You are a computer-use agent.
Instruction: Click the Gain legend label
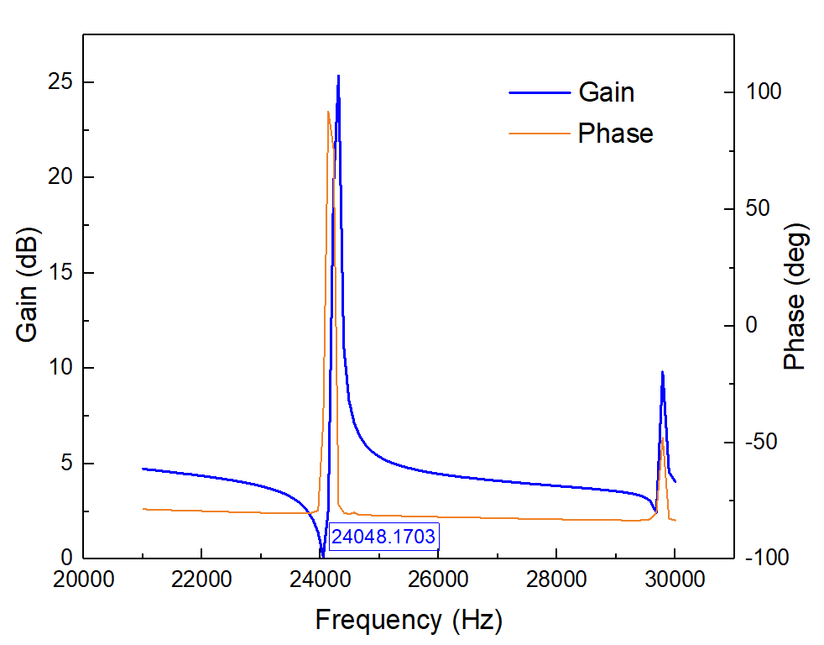click(x=606, y=92)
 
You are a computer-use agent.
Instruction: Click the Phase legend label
click(x=615, y=134)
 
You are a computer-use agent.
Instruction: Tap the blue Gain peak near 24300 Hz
click(x=338, y=76)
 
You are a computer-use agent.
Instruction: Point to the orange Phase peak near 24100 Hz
click(x=328, y=112)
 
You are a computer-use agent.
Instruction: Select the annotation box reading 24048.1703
click(x=383, y=536)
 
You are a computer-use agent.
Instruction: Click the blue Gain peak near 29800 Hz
click(x=662, y=372)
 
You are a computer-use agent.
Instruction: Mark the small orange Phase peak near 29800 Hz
click(x=662, y=439)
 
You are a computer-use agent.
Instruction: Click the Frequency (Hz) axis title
click(x=409, y=621)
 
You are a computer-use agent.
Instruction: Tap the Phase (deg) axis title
click(x=794, y=296)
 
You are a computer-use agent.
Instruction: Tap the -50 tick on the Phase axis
click(x=764, y=442)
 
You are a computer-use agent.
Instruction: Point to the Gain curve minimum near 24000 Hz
click(x=322, y=555)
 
